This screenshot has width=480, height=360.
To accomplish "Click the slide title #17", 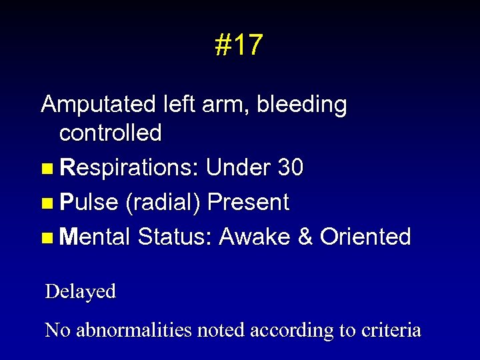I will (x=239, y=45).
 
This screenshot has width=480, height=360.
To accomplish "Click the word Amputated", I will (x=98, y=105).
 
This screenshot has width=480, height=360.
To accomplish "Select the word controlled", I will (x=110, y=133).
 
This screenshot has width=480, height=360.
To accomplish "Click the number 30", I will (x=291, y=168).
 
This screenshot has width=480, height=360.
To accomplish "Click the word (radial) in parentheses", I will (x=162, y=203).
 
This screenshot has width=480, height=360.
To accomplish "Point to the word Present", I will (x=248, y=202).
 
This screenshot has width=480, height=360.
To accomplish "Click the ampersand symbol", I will (x=305, y=237).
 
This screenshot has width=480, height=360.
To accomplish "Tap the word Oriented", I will (x=365, y=237).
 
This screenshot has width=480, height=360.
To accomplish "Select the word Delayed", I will (x=80, y=291).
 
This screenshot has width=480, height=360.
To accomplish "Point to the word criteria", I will (x=392, y=330).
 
